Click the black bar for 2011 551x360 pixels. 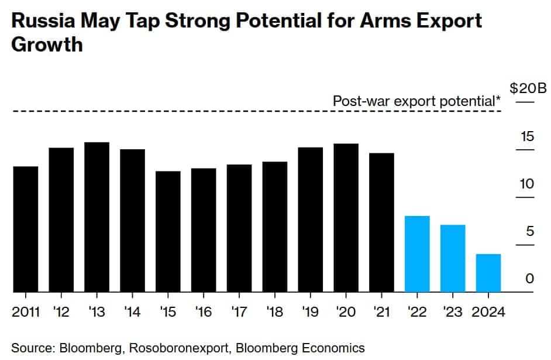pos(25,229)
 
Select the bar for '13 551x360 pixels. pos(97,217)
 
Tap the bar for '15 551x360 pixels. pos(168,231)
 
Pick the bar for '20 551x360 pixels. pos(346,217)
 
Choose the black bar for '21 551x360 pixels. pos(381,222)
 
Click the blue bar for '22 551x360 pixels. pos(417,253)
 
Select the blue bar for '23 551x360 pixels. pos(453,258)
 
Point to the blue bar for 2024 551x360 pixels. pos(488,273)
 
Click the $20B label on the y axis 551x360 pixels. pos(528,89)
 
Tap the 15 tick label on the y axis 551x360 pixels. pos(528,137)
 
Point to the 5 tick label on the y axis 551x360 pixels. pos(529,232)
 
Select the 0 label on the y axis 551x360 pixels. pos(529,279)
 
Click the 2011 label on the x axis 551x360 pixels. pos(26,311)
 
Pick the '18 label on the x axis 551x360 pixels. pos(274,311)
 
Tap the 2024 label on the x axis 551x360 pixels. pos(488,311)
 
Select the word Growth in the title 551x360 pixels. pos(47,45)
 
